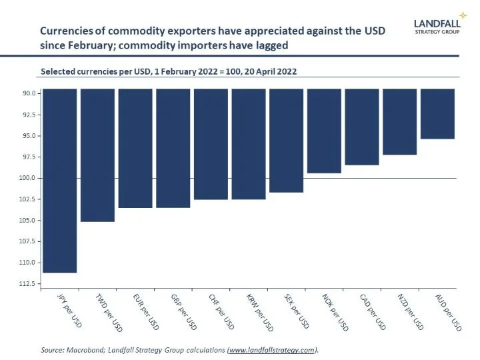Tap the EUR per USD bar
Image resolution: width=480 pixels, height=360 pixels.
[135, 148]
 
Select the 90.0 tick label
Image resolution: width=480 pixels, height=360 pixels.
[29, 93]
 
